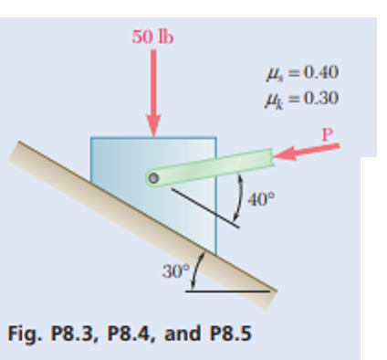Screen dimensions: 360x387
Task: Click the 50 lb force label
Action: (152, 37)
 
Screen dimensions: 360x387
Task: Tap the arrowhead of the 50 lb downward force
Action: (152, 128)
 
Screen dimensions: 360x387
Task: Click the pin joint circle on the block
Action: (154, 177)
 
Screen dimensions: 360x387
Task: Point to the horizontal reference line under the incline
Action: (233, 291)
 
